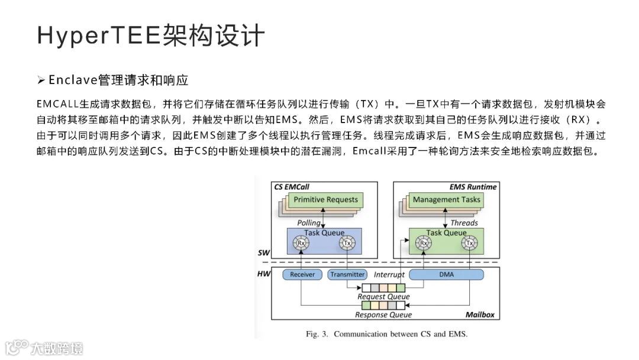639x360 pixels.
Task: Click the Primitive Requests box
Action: (x=325, y=200)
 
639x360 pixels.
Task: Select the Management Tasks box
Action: (x=447, y=200)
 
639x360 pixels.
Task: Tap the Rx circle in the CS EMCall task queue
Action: (x=301, y=243)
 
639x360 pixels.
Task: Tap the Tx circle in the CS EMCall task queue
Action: (x=347, y=243)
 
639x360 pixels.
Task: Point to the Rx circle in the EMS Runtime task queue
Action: (x=423, y=243)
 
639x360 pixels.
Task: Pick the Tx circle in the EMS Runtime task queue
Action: (x=470, y=243)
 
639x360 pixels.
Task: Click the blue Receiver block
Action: (x=302, y=275)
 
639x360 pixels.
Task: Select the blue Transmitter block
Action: (x=347, y=275)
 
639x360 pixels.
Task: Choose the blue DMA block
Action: (x=446, y=275)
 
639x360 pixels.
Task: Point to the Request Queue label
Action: (x=383, y=296)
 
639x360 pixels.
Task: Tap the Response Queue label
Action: (x=383, y=315)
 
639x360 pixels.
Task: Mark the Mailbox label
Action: (x=479, y=314)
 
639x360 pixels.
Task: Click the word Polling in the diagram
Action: (x=309, y=223)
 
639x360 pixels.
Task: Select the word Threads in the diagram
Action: (x=464, y=223)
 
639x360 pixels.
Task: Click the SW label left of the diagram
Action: (x=264, y=253)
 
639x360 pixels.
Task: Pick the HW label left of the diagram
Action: (x=264, y=274)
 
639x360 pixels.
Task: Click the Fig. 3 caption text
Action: (x=386, y=334)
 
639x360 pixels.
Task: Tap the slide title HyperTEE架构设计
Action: (x=150, y=36)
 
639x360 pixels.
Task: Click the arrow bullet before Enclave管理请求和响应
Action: (x=41, y=79)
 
